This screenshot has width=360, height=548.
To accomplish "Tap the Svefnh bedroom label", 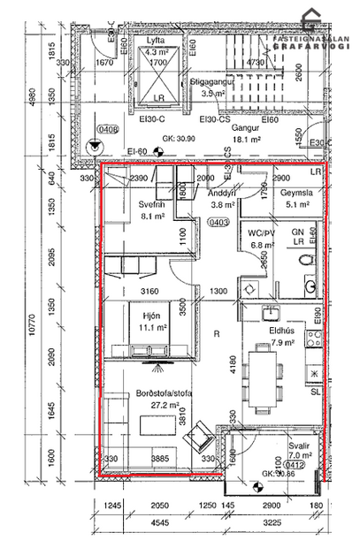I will tap(130, 202).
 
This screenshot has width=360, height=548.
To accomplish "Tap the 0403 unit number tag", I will tap(218, 224).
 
